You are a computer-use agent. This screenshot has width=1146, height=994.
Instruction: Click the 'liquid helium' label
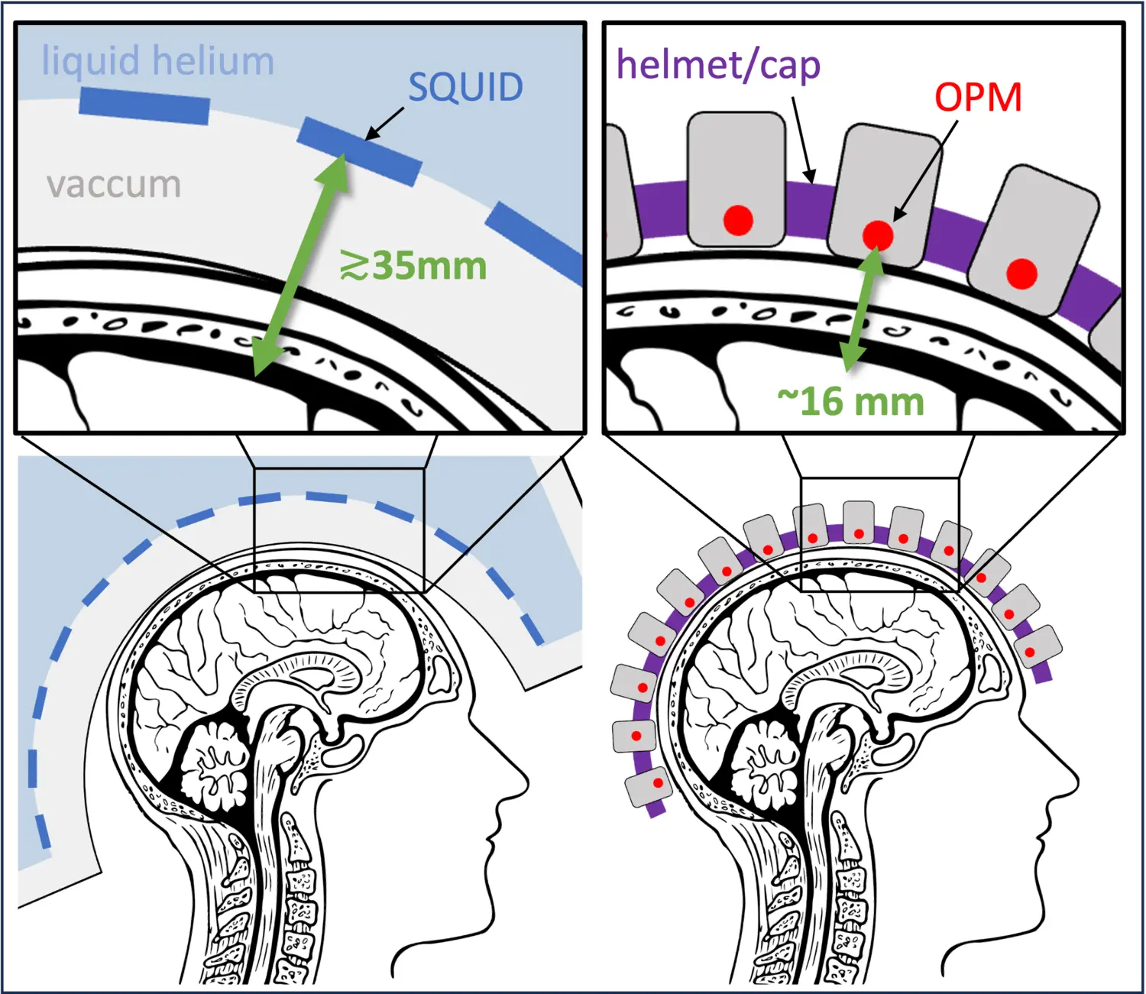pyautogui.click(x=157, y=61)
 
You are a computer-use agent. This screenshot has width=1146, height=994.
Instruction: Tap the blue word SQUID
pyautogui.click(x=465, y=87)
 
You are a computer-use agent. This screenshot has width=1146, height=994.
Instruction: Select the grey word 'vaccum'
pyautogui.click(x=114, y=184)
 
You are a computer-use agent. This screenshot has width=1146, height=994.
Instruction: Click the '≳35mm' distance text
pyautogui.click(x=413, y=266)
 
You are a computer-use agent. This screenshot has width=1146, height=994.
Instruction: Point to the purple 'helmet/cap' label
pyautogui.click(x=718, y=65)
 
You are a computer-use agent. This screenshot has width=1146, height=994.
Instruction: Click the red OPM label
pyautogui.click(x=978, y=97)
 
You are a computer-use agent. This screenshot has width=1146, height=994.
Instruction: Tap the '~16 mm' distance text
pyautogui.click(x=850, y=401)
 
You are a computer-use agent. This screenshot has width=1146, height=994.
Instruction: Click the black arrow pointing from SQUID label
pyautogui.click(x=386, y=123)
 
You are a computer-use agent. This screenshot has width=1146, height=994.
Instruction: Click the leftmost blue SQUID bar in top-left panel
pyautogui.click(x=144, y=105)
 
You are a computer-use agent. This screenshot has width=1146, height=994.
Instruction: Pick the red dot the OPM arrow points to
pyautogui.click(x=878, y=235)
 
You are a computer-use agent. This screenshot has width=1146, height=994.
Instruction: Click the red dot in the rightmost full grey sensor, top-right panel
pyautogui.click(x=1021, y=273)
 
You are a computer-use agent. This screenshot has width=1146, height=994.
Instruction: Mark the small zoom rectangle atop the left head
pyautogui.click(x=338, y=530)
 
